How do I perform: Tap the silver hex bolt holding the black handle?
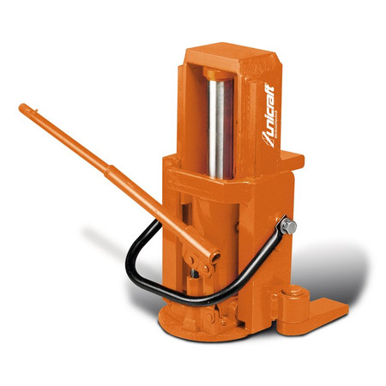pos(288,226)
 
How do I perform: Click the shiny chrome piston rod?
pos(220,129)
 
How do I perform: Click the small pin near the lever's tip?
pos(36,110)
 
